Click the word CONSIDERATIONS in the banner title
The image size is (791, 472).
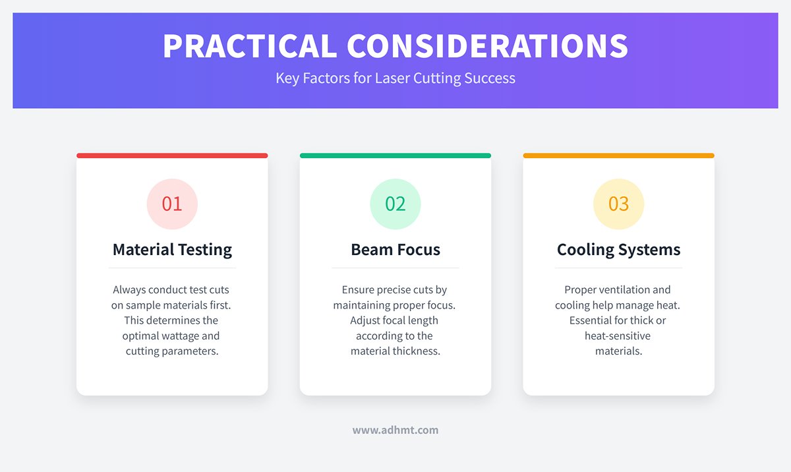click(x=488, y=46)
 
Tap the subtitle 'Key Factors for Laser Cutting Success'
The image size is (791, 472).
click(x=395, y=78)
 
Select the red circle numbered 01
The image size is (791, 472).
click(x=172, y=204)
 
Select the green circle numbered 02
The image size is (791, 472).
click(x=395, y=204)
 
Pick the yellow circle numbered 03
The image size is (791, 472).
click(x=618, y=204)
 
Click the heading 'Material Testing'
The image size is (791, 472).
click(x=172, y=250)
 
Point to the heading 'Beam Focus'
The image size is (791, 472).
click(x=395, y=250)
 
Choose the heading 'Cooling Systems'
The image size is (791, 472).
click(x=618, y=250)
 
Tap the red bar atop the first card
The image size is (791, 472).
click(x=172, y=156)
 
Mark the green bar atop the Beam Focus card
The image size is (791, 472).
click(x=395, y=156)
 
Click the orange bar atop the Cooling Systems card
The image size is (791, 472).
click(x=618, y=156)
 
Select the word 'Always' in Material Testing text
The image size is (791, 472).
click(x=130, y=289)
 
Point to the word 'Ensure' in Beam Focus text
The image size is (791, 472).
click(x=358, y=289)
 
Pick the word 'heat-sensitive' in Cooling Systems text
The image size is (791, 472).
click(x=618, y=336)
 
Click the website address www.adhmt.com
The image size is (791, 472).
click(x=395, y=430)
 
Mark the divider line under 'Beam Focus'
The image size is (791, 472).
click(x=395, y=268)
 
